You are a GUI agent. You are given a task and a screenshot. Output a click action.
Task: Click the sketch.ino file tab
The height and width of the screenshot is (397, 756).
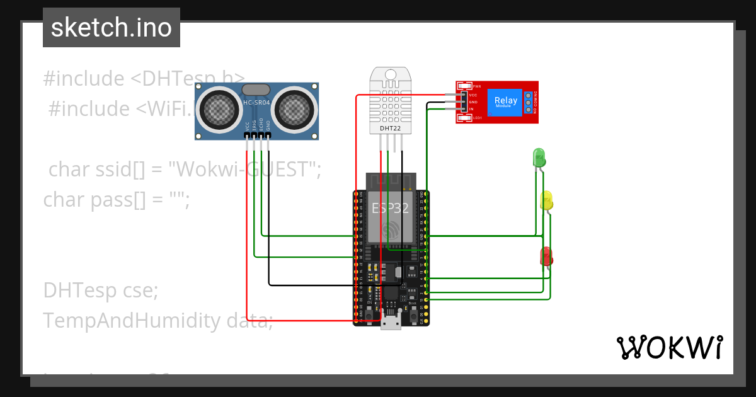[111, 28]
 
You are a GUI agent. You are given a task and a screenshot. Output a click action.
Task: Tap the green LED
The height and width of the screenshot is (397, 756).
[539, 157]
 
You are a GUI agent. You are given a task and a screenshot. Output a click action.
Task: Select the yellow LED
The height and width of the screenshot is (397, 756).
[546, 200]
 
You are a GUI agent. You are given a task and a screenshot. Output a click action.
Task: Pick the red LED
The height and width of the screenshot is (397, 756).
[546, 255]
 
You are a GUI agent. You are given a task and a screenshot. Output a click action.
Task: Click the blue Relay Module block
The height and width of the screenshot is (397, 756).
[506, 101]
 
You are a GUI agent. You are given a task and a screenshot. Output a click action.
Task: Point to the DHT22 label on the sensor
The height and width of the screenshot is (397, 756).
[389, 129]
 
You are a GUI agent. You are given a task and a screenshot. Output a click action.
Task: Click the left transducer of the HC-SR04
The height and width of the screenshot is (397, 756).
[219, 110]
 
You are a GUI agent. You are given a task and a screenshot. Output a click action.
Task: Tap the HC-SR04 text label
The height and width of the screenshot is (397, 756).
[256, 103]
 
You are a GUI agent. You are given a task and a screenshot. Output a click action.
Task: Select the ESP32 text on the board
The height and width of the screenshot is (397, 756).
[390, 209]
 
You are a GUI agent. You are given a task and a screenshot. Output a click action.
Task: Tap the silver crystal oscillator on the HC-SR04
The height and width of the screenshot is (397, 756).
[256, 90]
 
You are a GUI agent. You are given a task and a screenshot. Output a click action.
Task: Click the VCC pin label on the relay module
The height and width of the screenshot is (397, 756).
[472, 95]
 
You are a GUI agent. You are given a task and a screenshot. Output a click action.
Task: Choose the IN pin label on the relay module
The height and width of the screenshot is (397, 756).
[471, 109]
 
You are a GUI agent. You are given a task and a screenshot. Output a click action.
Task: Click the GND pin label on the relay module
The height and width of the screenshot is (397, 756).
[472, 102]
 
